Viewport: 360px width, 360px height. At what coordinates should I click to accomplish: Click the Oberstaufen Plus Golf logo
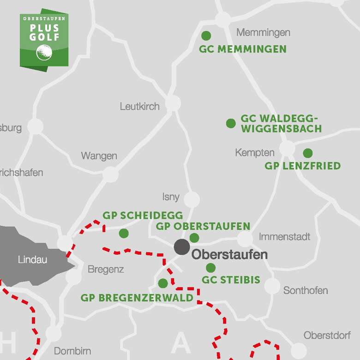pos(44,39)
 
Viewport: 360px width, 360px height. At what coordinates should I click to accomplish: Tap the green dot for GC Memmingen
pos(206,36)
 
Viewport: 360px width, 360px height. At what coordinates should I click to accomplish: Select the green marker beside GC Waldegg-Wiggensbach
pos(231,123)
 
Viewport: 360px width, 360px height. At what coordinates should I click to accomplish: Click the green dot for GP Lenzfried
pos(308,153)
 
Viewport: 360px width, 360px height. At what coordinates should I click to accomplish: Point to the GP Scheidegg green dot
pos(124,233)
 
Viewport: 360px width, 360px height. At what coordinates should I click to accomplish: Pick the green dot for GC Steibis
pos(210,268)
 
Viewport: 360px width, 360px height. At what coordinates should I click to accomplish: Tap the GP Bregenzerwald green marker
pos(163,283)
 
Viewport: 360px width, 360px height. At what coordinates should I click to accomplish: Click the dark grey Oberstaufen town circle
pos(182,246)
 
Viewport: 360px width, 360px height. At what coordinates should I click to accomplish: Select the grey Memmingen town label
pos(263,33)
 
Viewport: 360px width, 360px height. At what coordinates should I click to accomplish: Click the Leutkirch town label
pos(139,107)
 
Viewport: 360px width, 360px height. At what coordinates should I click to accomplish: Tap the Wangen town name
pos(99,156)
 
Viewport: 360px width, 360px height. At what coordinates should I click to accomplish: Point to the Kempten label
pos(254,153)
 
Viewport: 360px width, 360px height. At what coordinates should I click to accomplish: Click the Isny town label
pos(171,197)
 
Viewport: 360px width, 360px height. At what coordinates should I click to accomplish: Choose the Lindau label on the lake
pos(32,260)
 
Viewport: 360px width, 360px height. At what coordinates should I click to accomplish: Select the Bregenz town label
pos(105,270)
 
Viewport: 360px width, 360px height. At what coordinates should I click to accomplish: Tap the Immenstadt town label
pos(284,237)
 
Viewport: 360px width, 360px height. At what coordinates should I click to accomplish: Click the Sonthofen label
pos(306,291)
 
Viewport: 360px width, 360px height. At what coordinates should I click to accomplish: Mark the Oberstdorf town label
pos(327,336)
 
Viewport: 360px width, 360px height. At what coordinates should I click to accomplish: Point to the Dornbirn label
pos(72,351)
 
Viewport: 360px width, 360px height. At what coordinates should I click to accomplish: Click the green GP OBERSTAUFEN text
pos(203,227)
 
